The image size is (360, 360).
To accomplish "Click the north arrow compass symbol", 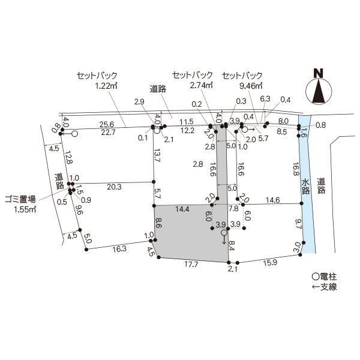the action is [319, 89].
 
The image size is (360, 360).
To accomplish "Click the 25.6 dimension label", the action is [107, 124].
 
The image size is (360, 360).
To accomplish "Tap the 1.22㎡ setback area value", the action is [106, 86].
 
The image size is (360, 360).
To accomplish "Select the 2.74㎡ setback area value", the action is [201, 85].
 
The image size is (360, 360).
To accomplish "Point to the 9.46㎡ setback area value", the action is [251, 86].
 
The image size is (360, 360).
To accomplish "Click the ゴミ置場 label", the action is [20, 200].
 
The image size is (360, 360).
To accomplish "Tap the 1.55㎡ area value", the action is [25, 209].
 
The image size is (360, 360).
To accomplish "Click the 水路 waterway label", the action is [305, 187].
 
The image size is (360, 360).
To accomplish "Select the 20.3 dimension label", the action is [114, 187].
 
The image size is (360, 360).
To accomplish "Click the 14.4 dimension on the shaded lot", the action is [182, 209].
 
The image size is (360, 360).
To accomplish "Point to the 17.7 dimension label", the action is [191, 265].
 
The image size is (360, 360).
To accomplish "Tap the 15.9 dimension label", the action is [270, 263].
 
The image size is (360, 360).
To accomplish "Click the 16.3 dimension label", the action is [119, 249].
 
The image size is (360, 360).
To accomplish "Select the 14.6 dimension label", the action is [273, 200].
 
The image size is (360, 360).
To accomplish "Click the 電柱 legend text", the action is [328, 277].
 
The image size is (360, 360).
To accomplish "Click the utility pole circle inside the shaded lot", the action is [224, 233].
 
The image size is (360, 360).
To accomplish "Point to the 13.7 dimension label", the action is [157, 155].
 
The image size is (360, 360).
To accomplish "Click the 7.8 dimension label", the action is [233, 209].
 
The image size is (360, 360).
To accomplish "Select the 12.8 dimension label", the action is [68, 157].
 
